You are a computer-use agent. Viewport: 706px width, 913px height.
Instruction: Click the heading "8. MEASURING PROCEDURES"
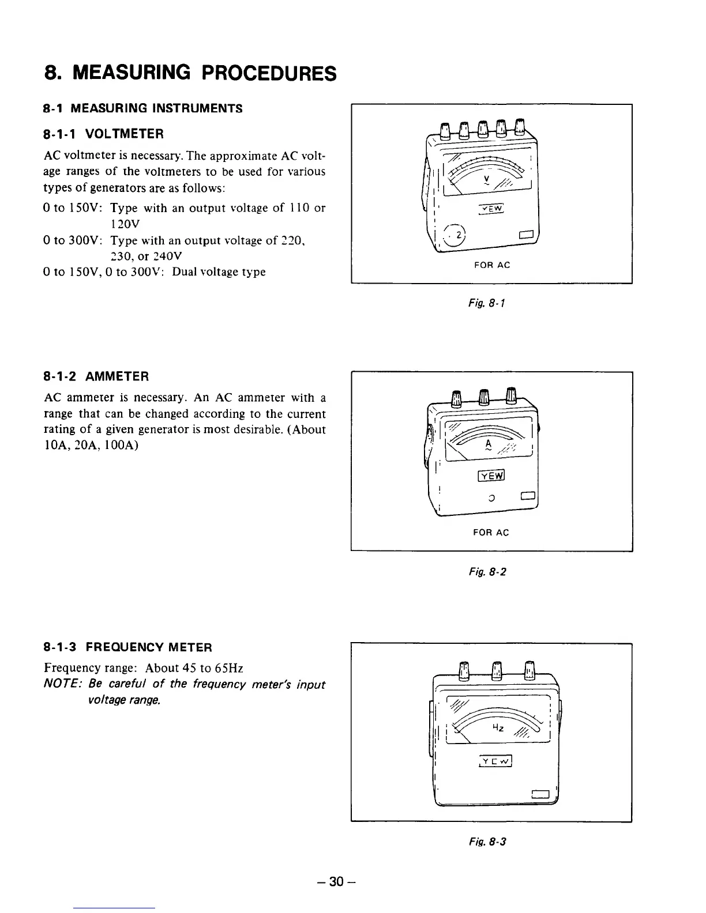[x=190, y=73]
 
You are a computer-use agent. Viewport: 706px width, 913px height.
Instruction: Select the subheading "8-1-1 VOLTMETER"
[x=104, y=134]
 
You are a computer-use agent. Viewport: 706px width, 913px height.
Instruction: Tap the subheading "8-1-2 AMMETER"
[x=96, y=377]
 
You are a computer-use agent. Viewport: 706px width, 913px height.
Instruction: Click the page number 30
[x=336, y=882]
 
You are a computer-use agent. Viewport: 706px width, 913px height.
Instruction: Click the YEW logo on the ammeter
[x=491, y=476]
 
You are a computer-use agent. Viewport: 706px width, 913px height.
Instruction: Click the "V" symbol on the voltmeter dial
[x=487, y=179]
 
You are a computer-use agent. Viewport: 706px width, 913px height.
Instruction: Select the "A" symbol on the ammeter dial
[x=488, y=444]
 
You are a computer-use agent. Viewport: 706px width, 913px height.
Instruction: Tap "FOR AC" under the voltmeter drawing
[x=491, y=265]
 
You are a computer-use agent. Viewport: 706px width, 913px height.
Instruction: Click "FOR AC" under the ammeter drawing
[x=491, y=533]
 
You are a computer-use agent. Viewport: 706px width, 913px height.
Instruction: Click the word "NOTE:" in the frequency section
[x=61, y=685]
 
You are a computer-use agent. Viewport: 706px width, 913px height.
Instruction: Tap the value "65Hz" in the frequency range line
[x=228, y=669]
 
